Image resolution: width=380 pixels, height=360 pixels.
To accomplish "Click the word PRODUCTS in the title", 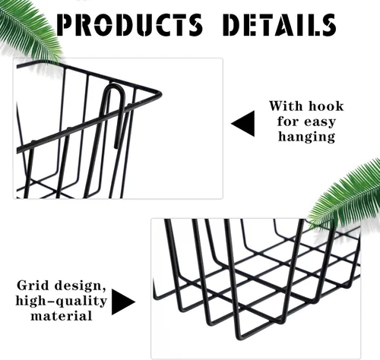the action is (129, 24).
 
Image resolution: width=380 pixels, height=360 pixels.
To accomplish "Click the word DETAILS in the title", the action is (280, 24).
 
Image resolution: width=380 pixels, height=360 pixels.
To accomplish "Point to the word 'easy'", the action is (320, 122).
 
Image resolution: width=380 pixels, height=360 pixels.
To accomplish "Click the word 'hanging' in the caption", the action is (306, 137).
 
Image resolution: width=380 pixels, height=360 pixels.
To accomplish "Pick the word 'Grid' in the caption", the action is (33, 286).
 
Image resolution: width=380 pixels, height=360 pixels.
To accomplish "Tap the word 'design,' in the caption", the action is (81, 286).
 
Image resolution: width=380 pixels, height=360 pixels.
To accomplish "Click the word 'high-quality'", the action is (62, 302).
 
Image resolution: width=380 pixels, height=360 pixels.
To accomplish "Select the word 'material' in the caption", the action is (62, 316).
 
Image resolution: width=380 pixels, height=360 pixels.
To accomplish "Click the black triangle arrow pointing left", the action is (242, 124).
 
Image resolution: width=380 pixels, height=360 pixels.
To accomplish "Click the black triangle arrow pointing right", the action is (123, 302).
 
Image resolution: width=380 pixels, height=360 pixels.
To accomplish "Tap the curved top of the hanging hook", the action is (115, 87).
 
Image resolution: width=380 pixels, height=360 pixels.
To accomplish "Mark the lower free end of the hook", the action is (116, 147).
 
